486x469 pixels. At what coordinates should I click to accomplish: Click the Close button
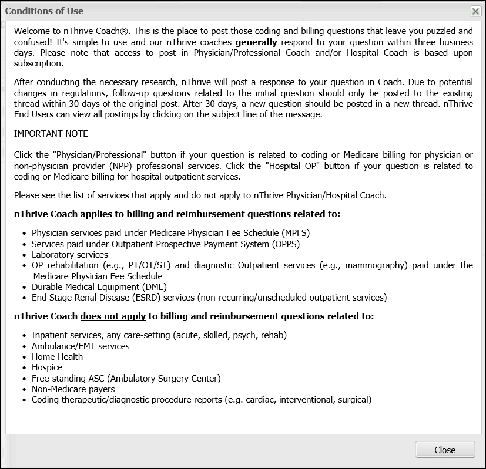445,450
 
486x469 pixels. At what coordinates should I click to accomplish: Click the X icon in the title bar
475,11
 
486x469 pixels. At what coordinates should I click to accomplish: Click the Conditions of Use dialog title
45,11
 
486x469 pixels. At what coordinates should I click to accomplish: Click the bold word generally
256,42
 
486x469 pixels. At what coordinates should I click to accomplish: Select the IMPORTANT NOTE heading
51,134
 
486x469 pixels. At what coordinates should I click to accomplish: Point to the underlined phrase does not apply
113,316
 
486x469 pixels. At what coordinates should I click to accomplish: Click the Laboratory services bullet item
70,255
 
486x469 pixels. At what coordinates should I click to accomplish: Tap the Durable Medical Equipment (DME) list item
99,287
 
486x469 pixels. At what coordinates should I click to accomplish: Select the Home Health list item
57,357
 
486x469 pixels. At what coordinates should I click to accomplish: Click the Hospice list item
47,367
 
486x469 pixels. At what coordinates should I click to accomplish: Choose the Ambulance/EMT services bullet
81,346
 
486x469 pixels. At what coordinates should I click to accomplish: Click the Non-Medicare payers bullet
73,389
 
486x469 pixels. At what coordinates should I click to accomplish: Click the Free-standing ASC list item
126,379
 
